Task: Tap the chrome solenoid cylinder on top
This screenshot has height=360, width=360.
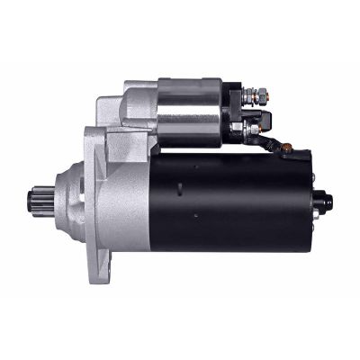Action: (189, 112)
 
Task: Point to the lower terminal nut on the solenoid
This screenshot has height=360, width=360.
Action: (254, 130)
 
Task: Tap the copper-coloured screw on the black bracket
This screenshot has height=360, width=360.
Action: (285, 148)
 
